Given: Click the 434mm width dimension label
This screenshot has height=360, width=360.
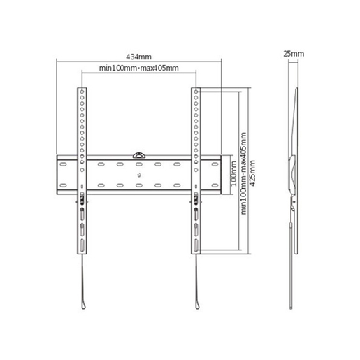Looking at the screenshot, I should (139, 56).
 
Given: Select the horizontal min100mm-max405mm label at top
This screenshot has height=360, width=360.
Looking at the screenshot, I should (138, 68).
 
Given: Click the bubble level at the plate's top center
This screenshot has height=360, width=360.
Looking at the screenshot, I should (140, 150).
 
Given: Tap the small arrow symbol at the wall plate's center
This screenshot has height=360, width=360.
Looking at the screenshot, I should (140, 173).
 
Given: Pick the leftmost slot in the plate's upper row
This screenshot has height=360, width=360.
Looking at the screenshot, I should (66, 165).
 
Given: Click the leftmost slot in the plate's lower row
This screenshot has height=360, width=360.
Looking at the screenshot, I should (66, 185).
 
